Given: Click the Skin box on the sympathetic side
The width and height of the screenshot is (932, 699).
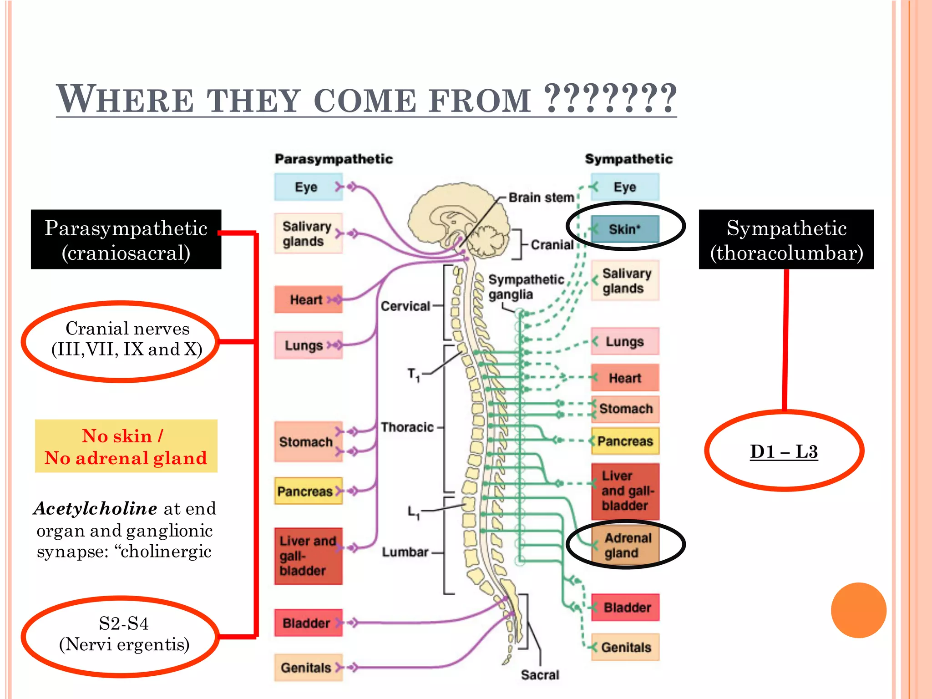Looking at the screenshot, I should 625,229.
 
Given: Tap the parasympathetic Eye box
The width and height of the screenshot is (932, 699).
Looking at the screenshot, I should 307,187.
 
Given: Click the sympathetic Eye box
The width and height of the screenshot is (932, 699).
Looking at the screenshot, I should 625,187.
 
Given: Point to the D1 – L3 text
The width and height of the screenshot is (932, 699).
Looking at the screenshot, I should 784,451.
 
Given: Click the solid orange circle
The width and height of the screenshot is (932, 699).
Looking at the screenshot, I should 858,610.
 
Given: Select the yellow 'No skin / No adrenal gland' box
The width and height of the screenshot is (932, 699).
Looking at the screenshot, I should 126,446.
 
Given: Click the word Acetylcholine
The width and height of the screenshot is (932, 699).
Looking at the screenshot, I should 96,508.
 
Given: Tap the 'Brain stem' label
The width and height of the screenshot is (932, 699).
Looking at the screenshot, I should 541,198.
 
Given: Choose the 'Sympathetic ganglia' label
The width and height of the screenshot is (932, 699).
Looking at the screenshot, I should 525,287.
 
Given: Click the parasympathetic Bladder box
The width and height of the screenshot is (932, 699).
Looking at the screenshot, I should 308,623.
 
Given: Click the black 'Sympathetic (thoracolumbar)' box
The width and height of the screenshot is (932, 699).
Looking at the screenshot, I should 786,240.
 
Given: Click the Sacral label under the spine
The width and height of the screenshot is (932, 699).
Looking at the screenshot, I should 540,675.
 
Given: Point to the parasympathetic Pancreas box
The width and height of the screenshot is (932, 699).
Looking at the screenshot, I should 308,491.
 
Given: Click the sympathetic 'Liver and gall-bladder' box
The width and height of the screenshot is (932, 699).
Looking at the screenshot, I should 625,491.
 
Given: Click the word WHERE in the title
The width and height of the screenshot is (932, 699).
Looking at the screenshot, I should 125,99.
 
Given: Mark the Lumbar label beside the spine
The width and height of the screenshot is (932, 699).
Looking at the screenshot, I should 405,552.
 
